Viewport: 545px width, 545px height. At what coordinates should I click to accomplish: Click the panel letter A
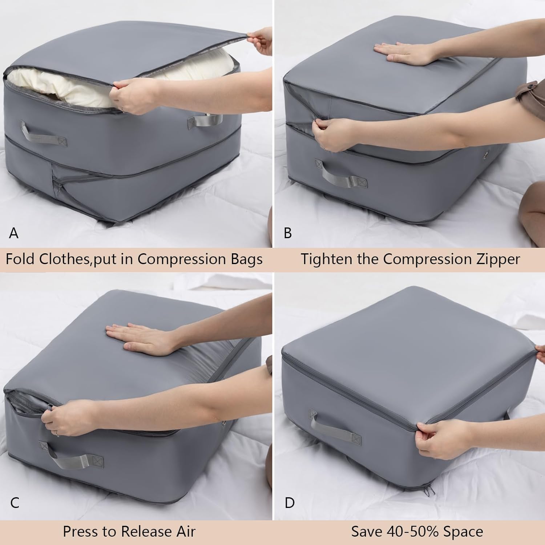click(14, 233)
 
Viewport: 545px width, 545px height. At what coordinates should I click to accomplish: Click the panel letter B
click(287, 233)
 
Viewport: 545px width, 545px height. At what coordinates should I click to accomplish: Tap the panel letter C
click(15, 503)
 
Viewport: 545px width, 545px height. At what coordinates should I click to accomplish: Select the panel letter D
click(290, 503)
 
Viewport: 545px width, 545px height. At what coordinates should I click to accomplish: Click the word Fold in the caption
click(20, 259)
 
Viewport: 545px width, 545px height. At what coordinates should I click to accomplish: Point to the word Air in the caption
click(183, 532)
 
